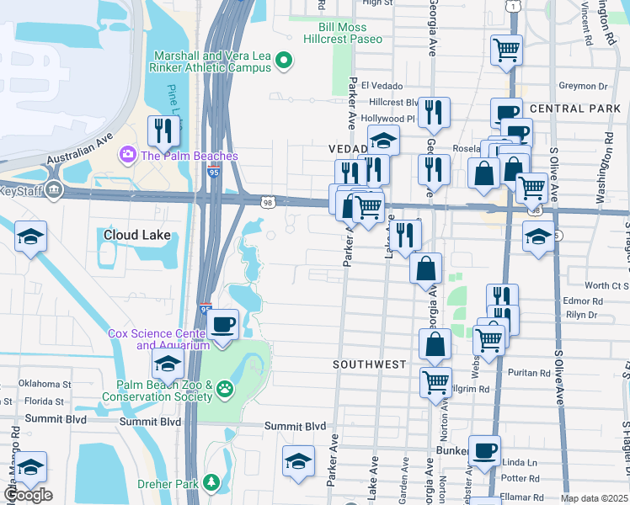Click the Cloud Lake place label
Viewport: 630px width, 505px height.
pyautogui.click(x=136, y=236)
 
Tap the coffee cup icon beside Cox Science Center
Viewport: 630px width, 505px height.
pyautogui.click(x=222, y=324)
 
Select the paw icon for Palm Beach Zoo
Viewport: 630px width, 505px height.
pyautogui.click(x=225, y=389)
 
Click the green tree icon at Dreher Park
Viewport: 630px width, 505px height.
pyautogui.click(x=212, y=482)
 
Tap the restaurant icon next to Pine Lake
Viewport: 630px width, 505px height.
pyautogui.click(x=160, y=130)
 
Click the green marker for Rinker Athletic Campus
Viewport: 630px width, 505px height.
pyautogui.click(x=284, y=60)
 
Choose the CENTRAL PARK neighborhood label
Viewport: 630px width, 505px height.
pyautogui.click(x=563, y=109)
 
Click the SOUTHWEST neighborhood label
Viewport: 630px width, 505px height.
pyautogui.click(x=369, y=364)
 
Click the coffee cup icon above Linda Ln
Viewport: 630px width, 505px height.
pyautogui.click(x=484, y=449)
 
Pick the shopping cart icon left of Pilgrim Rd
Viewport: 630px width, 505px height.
pyautogui.click(x=435, y=381)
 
